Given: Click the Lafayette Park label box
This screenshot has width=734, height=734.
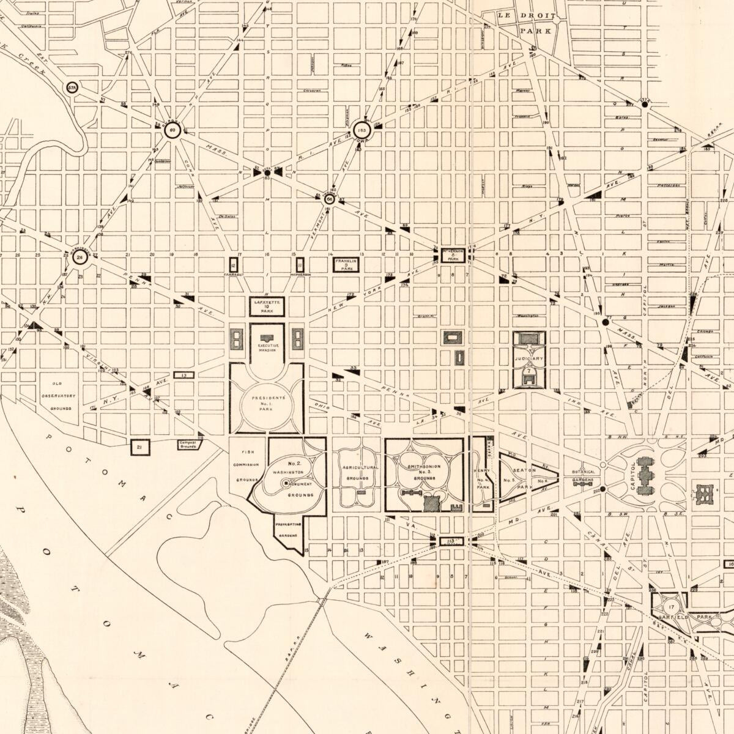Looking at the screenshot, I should click(x=267, y=306).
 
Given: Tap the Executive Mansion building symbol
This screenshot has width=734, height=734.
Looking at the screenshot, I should click(x=267, y=338).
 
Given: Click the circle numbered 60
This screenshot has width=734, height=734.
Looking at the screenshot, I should click(x=172, y=130).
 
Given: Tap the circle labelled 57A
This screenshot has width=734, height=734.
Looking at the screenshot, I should click(x=73, y=88).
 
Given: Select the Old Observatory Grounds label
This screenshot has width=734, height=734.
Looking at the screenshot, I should click(x=61, y=396).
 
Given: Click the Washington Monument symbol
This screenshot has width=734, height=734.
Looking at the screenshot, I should click(x=286, y=483).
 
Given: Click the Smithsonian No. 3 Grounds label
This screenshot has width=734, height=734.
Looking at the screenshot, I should click(x=423, y=472).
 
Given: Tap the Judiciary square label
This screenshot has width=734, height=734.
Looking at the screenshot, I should click(x=528, y=359).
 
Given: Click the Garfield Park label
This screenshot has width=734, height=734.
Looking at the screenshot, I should click(x=705, y=618).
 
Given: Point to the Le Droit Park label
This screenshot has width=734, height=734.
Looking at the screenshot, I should click(x=527, y=23).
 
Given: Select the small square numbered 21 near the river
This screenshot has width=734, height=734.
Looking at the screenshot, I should click(x=140, y=448).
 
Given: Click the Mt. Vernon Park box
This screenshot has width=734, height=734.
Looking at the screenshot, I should click(x=453, y=254).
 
